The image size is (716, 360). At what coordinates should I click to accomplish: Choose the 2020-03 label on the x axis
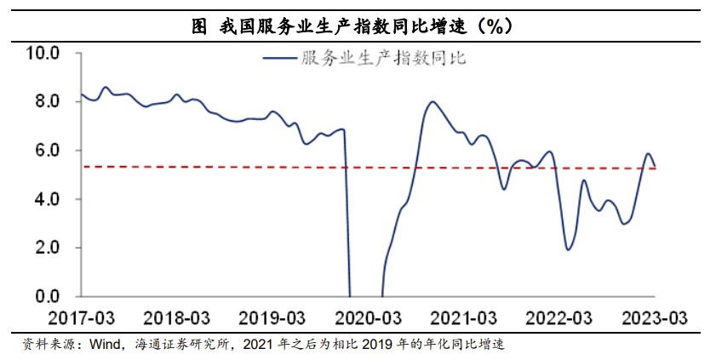click(x=368, y=319)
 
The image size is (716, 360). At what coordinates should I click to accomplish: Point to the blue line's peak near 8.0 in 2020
click(x=432, y=102)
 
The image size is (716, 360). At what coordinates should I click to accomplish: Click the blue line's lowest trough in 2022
click(x=568, y=249)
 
